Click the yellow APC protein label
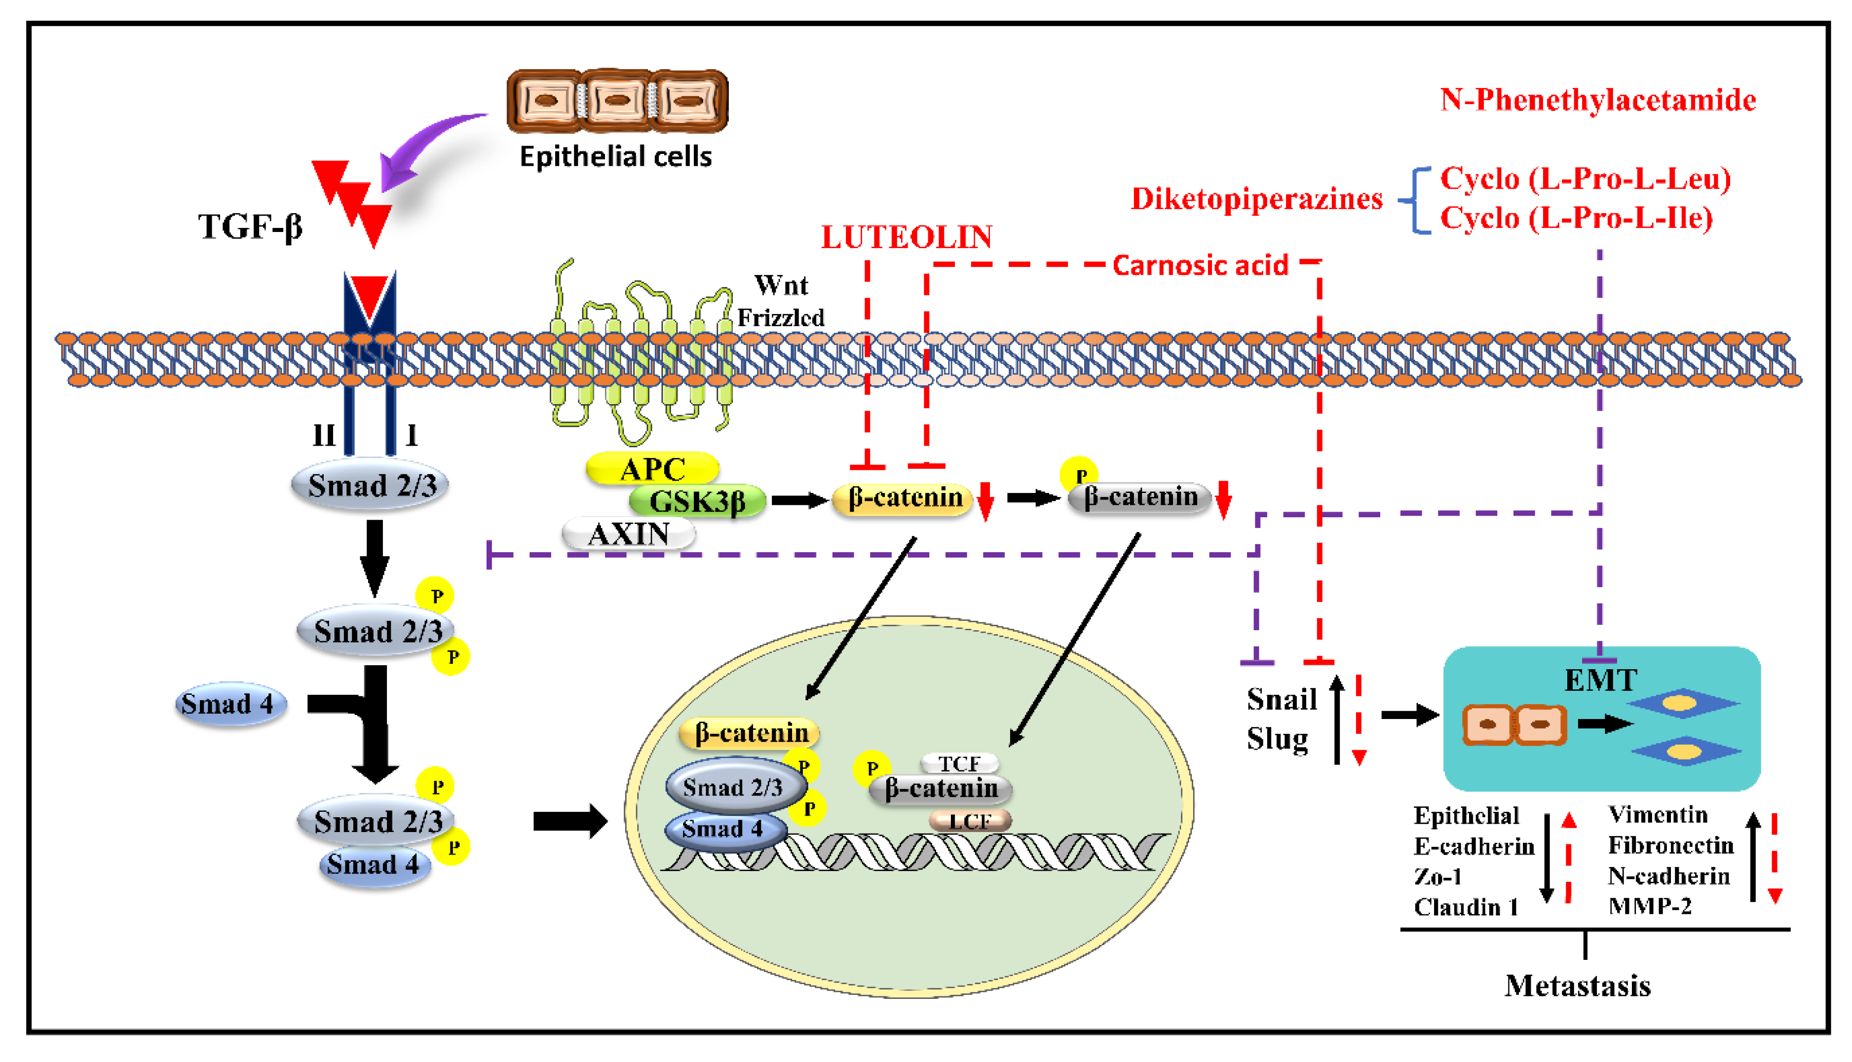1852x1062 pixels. [x=652, y=469]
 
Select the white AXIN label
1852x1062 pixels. [x=629, y=534]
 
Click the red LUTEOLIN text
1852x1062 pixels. [x=907, y=237]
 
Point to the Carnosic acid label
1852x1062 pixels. [x=1200, y=265]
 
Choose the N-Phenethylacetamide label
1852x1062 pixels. [x=1597, y=100]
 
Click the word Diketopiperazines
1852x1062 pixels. [x=1256, y=198]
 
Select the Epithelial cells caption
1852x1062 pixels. [x=615, y=156]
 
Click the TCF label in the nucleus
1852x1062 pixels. [x=959, y=763]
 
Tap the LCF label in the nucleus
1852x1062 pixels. [x=970, y=821]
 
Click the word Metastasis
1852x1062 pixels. [x=1577, y=986]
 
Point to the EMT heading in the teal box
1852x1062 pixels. [x=1600, y=680]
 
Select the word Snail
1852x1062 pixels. [x=1281, y=699]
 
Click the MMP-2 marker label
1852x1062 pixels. [x=1649, y=906]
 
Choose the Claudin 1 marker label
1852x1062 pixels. [x=1466, y=907]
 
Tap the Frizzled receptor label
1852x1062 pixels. [x=780, y=317]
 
